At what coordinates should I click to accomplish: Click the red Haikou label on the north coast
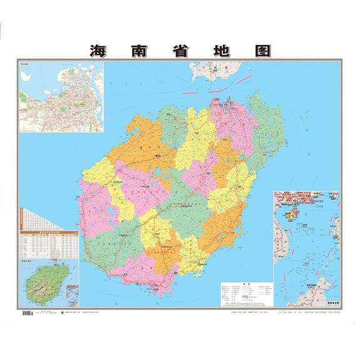point(217,100)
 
